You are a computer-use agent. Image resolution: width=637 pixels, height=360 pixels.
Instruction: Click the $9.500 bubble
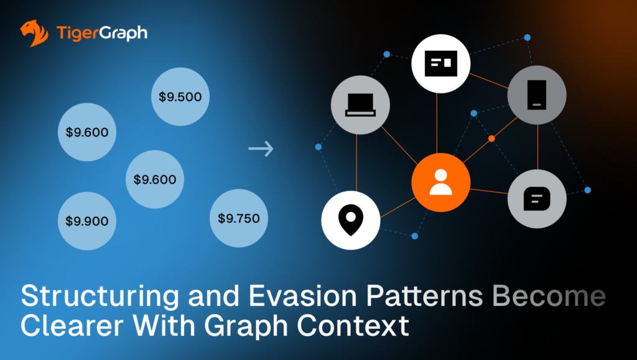click(180, 96)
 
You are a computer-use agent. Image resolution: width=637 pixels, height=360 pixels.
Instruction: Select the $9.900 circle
click(87, 221)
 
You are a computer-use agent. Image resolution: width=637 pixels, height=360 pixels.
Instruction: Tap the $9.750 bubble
click(239, 218)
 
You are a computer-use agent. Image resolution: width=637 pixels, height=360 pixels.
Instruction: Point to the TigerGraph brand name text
click(101, 32)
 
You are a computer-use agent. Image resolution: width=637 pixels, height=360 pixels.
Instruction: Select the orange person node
click(440, 182)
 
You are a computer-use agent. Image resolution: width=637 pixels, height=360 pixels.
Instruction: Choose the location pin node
click(350, 221)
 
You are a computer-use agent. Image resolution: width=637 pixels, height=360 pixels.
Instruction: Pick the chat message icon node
click(537, 199)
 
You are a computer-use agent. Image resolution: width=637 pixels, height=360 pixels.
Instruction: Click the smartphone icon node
click(537, 95)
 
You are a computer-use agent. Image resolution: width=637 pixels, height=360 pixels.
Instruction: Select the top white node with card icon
click(440, 63)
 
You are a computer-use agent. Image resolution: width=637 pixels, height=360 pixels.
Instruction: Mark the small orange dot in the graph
click(491, 138)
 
